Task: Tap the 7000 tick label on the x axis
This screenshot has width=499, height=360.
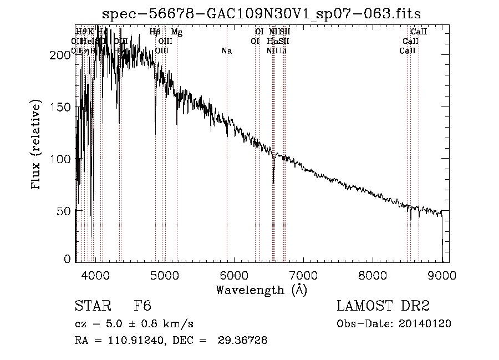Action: coord(303,273)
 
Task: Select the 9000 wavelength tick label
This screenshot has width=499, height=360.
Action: coord(442,273)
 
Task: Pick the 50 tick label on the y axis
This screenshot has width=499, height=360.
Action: coord(65,211)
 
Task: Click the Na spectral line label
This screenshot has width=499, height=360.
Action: coord(226,51)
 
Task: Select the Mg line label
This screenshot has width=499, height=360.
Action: coord(176,33)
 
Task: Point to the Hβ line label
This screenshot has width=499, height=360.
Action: coord(155,33)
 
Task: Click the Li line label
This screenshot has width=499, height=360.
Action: coord(283,51)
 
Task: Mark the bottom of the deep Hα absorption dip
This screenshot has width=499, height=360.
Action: coord(273,181)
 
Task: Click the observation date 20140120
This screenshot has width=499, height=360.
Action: coord(427,324)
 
